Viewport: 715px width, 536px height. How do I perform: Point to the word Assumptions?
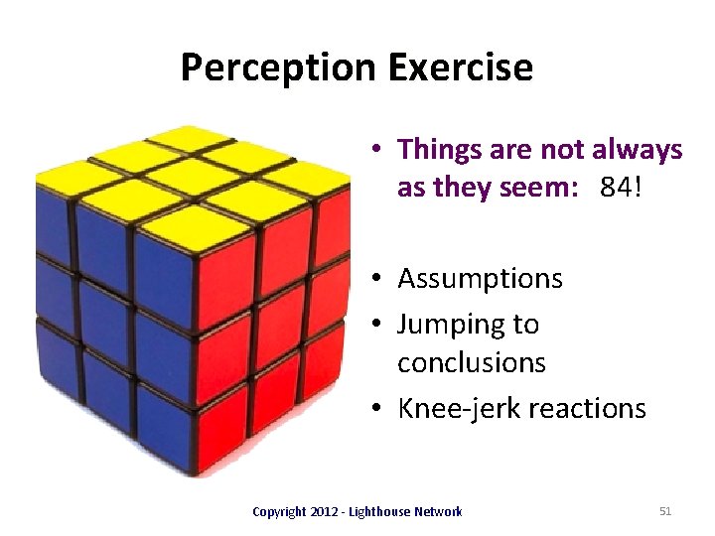click(x=480, y=279)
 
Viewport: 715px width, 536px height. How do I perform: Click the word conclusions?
click(x=471, y=362)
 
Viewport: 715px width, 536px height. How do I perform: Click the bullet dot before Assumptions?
click(x=381, y=280)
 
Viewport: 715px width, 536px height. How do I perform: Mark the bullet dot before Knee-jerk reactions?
click(x=381, y=409)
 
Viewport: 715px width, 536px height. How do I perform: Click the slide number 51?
click(x=665, y=511)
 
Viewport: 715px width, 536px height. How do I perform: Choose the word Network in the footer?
click(x=439, y=512)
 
